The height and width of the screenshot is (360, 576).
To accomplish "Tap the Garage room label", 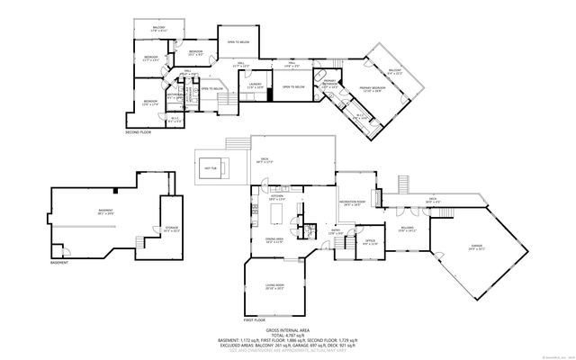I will pyautogui.click(x=475, y=246).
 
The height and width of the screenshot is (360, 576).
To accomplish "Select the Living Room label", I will pyautogui.click(x=274, y=286).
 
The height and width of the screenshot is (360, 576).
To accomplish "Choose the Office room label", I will pyautogui.click(x=370, y=240).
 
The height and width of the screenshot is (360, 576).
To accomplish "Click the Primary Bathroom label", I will pyautogui.click(x=330, y=82).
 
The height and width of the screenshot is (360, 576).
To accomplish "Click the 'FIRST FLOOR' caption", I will pyautogui.click(x=255, y=319).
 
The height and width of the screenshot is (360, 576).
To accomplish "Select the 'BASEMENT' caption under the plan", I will pyautogui.click(x=59, y=263).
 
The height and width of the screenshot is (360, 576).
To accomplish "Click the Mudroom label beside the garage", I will pyautogui.click(x=407, y=229).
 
